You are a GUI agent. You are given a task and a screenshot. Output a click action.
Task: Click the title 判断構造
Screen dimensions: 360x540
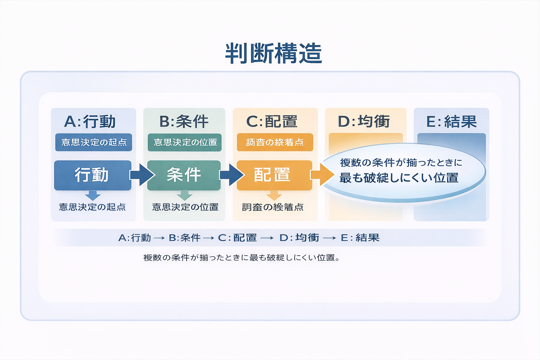click(x=274, y=53)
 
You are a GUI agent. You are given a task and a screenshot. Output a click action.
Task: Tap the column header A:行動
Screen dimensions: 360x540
click(x=90, y=122)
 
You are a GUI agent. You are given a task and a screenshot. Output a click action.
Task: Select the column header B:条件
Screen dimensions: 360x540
click(x=184, y=122)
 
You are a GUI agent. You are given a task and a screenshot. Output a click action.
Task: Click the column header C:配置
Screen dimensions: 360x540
click(x=272, y=122)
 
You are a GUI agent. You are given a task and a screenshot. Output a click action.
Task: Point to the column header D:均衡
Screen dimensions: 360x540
click(x=364, y=122)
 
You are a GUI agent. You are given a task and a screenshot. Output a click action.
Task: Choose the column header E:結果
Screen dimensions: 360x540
click(x=451, y=122)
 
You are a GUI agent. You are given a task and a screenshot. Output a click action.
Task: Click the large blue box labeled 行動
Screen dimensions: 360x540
click(x=92, y=175)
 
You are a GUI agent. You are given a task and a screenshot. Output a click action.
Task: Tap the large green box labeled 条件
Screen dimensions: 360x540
click(x=184, y=175)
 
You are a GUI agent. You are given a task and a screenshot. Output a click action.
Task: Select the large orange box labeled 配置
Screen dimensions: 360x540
click(x=274, y=175)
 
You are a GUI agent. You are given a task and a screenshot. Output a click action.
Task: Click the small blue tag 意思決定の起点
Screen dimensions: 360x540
click(x=94, y=142)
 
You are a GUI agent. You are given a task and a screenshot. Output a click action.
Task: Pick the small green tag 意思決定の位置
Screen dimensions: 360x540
click(x=185, y=142)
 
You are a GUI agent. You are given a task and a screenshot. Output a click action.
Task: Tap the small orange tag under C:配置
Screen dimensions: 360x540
click(x=275, y=142)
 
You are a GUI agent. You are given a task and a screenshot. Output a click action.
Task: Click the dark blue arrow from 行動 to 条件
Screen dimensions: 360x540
click(x=142, y=175)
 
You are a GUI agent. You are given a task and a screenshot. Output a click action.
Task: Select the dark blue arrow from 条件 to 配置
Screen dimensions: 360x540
click(x=231, y=175)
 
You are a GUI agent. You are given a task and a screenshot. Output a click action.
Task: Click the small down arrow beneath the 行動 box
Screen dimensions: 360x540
click(x=93, y=195)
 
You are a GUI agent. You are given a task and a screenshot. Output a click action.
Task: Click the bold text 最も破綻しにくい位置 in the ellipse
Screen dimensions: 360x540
click(x=399, y=178)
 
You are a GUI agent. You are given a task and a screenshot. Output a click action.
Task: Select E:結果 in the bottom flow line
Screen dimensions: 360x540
click(x=360, y=238)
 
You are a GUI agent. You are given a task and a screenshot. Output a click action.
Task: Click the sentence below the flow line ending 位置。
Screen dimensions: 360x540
click(x=242, y=258)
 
